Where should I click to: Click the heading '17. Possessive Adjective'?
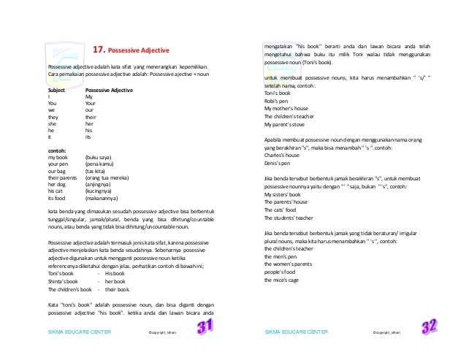point(131,50)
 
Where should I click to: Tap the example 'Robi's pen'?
point(279,102)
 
